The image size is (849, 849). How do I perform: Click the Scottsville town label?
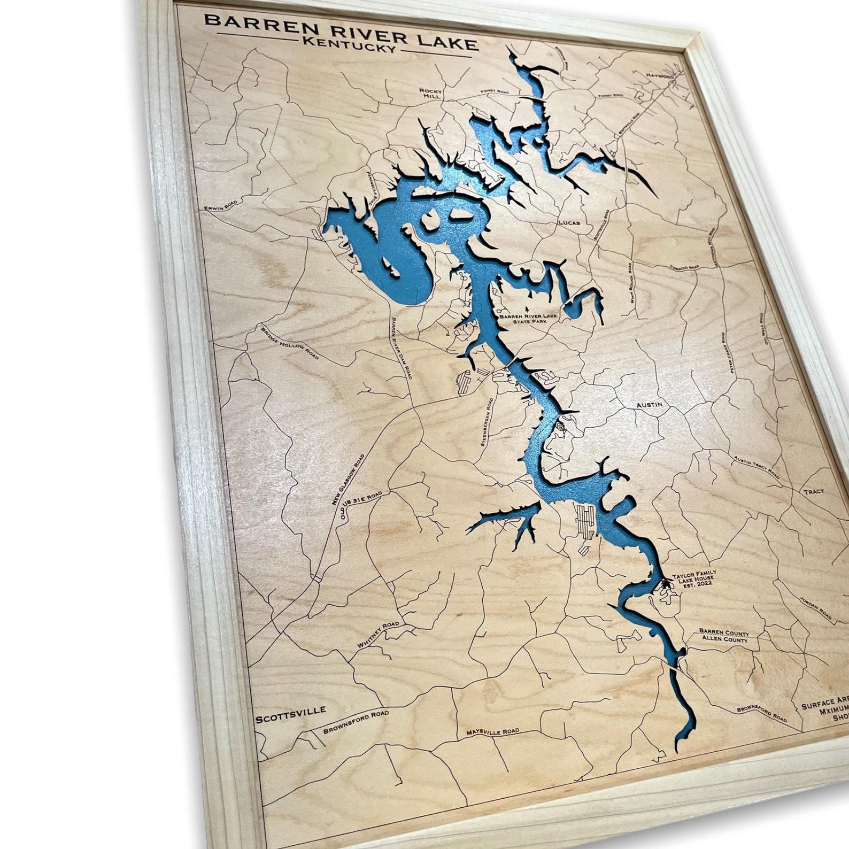(291, 710)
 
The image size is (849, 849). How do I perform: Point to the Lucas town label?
(568, 222)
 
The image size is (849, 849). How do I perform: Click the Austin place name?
(649, 405)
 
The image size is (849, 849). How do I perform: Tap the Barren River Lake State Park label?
(528, 319)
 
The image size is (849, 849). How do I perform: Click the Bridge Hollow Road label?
(289, 341)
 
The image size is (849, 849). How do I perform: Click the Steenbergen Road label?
(487, 422)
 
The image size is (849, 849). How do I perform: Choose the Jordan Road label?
(816, 607)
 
